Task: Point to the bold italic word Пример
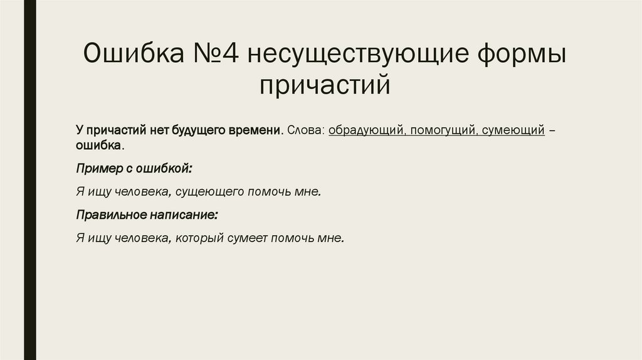(95, 169)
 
